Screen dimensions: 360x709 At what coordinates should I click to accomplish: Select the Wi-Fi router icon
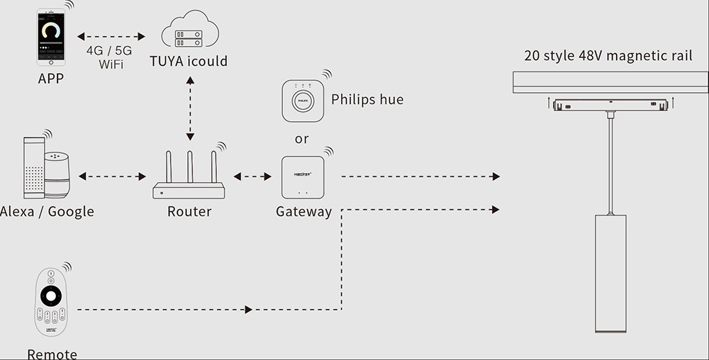pos(189,177)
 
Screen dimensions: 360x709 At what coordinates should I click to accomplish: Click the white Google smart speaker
pos(57,175)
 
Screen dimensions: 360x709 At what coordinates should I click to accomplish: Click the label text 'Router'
pos(189,211)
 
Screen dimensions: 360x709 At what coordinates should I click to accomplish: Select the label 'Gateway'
pos(303,211)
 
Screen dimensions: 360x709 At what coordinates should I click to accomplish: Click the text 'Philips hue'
pos(367,99)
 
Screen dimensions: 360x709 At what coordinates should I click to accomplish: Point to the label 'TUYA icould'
pos(189,61)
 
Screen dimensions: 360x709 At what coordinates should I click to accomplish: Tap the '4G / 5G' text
pos(108,52)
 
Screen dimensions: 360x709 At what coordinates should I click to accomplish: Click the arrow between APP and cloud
pos(111,35)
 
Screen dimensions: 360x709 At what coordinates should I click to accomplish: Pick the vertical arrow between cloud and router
pos(189,106)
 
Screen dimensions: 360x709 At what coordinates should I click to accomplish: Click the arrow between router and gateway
pos(252,176)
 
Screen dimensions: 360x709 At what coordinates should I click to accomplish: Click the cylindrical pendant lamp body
pos(610,272)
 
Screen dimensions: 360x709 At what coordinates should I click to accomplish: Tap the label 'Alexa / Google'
pos(47,211)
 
